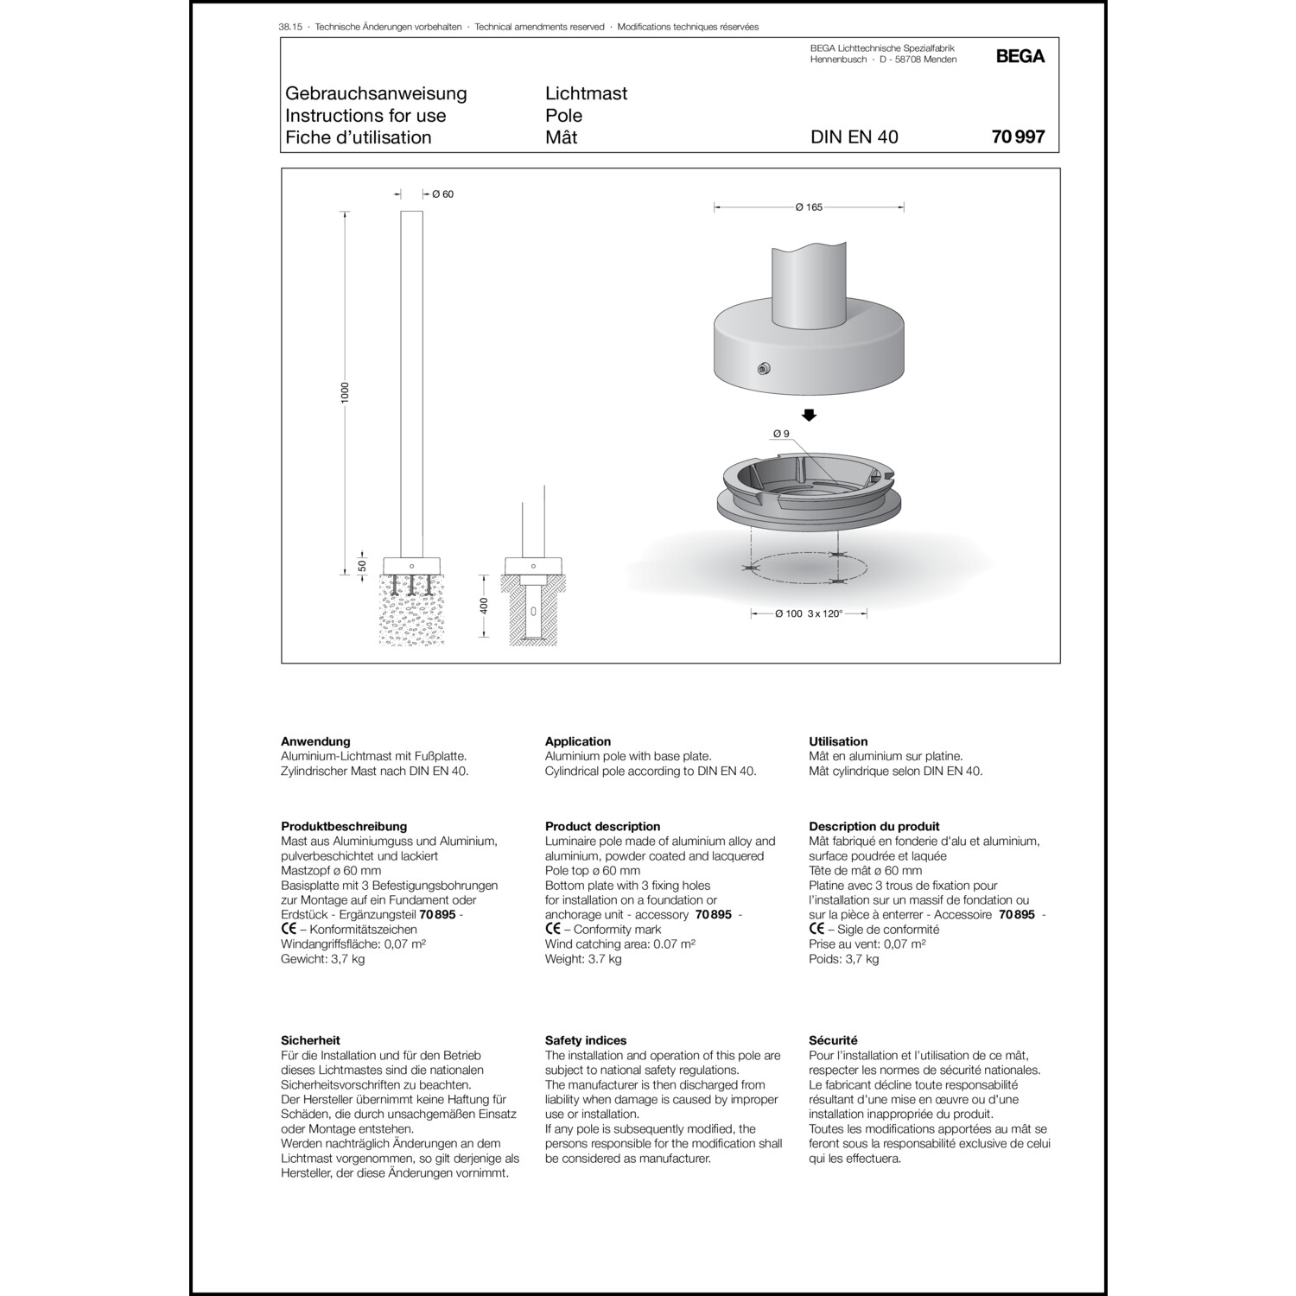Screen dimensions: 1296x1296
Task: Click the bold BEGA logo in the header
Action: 1020,56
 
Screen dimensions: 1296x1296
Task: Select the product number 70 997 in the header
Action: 1018,137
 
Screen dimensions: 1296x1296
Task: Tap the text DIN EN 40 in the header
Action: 854,137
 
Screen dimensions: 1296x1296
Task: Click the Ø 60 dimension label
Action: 442,194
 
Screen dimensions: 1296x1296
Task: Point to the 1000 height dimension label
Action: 346,392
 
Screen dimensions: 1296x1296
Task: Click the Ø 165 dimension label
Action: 809,207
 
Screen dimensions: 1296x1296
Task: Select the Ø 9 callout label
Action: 781,434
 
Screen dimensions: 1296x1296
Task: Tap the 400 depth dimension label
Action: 484,606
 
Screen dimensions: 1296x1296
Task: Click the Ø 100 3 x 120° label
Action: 809,613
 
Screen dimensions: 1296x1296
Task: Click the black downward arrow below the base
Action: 809,415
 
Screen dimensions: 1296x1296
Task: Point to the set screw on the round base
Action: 763,369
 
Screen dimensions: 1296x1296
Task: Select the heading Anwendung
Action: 315,741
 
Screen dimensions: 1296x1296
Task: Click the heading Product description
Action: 602,826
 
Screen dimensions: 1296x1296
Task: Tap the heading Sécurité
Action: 833,1040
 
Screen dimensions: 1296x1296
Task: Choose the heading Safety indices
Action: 585,1040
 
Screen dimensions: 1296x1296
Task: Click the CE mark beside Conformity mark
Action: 553,929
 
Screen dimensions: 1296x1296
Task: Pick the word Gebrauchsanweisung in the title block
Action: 376,93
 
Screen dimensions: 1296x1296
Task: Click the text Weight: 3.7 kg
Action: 583,959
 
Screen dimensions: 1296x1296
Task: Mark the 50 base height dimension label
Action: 362,566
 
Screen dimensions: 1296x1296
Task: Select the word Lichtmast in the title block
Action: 586,93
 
